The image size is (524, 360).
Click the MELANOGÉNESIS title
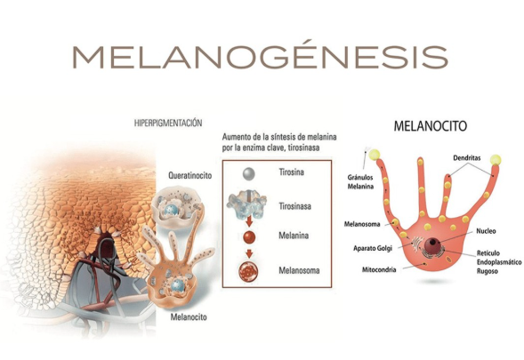(x=260, y=56)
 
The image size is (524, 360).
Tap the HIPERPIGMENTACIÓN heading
(x=168, y=124)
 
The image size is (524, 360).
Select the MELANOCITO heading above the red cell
(x=431, y=126)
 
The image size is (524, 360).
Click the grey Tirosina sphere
(x=248, y=173)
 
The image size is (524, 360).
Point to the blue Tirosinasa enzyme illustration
(x=246, y=204)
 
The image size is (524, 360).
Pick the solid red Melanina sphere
(x=249, y=237)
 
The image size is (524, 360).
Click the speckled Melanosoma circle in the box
(x=248, y=270)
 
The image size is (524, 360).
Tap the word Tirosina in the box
(x=292, y=172)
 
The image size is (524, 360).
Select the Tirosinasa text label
(x=295, y=206)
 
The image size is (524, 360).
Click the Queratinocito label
(x=189, y=176)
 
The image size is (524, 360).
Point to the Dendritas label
(x=467, y=157)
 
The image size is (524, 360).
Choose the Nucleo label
(x=487, y=231)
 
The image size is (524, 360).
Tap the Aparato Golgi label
(x=373, y=249)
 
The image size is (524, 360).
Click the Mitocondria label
(x=379, y=269)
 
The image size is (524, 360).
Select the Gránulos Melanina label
(x=360, y=182)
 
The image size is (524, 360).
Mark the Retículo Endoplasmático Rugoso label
(x=499, y=262)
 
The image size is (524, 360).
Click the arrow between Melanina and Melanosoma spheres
(x=249, y=253)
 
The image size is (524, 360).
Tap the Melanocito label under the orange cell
(x=189, y=316)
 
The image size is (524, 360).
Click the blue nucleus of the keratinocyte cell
(x=171, y=211)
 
